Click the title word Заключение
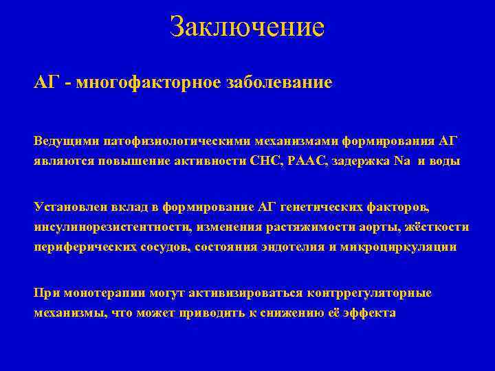tap(247, 27)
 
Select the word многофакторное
tap(148, 83)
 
